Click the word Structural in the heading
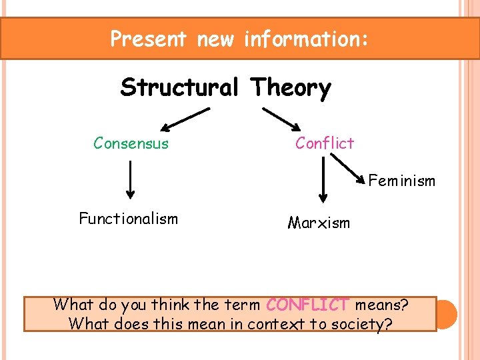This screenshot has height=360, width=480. point(181,87)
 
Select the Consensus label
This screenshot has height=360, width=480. point(131,143)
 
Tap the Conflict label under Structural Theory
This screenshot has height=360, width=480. point(325,143)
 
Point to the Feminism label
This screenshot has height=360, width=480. point(401,181)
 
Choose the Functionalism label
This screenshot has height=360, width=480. point(128,219)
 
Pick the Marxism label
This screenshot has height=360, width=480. point(319,223)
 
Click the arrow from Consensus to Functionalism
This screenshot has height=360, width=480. point(129,179)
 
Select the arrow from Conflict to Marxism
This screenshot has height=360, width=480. point(323,179)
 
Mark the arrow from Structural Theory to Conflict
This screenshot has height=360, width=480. point(281,120)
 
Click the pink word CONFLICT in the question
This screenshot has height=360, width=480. point(307,305)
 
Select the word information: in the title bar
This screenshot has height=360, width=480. point(305,39)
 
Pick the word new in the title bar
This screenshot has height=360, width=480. point(217,39)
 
